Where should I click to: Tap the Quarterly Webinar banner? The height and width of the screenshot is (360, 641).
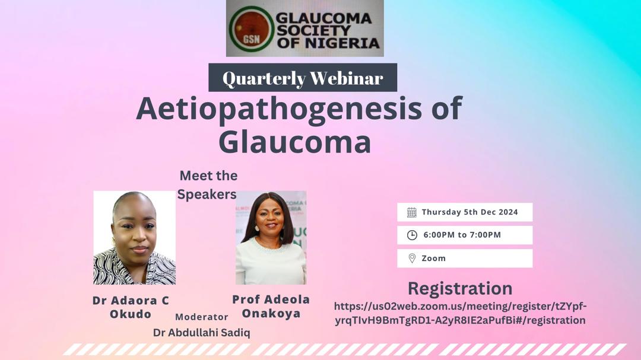point(303,78)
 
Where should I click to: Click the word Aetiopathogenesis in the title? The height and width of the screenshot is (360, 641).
point(299,109)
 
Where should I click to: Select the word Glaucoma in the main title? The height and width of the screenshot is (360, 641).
point(294,142)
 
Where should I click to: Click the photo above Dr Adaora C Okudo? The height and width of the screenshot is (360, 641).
point(135,237)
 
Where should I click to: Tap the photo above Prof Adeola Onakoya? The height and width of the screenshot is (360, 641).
point(271,237)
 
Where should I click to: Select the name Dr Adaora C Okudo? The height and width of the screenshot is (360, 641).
point(131,307)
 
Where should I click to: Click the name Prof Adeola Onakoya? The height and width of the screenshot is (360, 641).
point(271,307)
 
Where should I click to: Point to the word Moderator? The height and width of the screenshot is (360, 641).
point(202,317)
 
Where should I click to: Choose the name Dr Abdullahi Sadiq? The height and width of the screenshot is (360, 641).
point(201,333)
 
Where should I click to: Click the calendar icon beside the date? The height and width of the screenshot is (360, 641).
point(412,212)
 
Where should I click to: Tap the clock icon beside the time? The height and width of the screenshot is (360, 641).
point(412,235)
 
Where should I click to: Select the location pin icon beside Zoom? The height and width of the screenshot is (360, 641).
point(412,258)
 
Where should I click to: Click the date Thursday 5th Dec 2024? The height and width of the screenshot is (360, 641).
point(469,212)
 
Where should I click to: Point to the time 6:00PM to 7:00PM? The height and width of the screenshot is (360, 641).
point(462,235)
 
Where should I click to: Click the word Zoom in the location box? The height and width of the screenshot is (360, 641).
point(433,258)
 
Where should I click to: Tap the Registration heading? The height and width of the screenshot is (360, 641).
point(460,288)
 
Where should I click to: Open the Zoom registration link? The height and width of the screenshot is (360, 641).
point(460,313)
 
